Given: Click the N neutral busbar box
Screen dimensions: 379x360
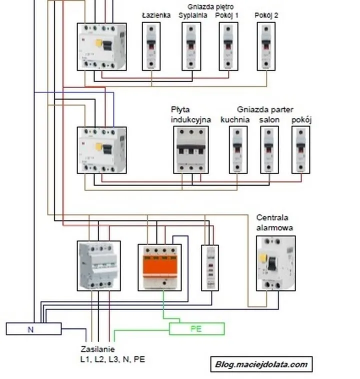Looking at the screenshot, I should pyautogui.click(x=33, y=329).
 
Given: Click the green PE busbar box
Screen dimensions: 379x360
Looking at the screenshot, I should pyautogui.click(x=196, y=329).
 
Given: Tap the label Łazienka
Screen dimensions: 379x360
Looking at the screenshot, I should pyautogui.click(x=156, y=15).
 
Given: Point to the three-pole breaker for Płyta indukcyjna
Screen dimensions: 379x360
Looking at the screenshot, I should pyautogui.click(x=191, y=150).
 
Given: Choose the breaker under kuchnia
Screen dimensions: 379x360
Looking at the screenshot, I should pyautogui.click(x=238, y=150).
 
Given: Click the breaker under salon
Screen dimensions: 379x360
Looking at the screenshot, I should pyautogui.click(x=269, y=150).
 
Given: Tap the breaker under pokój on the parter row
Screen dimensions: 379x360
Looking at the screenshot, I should pyautogui.click(x=300, y=150).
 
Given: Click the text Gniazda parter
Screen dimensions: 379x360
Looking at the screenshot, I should pyautogui.click(x=265, y=109).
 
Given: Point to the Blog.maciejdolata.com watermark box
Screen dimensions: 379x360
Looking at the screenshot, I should pyautogui.click(x=261, y=364).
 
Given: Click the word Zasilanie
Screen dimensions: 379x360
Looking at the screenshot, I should pyautogui.click(x=97, y=349).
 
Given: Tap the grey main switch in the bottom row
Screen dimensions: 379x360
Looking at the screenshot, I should pyautogui.click(x=99, y=265).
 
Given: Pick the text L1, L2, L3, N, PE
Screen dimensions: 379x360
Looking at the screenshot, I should pyautogui.click(x=113, y=359).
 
